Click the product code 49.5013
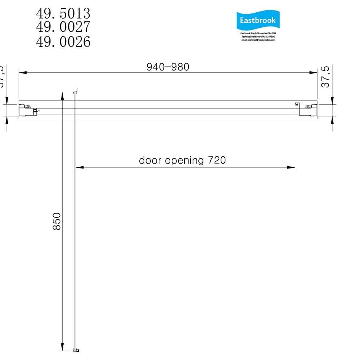tap(63, 14)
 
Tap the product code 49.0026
tap(63, 42)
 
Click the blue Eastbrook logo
tap(258, 21)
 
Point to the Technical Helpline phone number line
tap(258, 37)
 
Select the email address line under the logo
tap(258, 40)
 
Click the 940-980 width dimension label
tap(168, 67)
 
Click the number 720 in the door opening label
tap(217, 160)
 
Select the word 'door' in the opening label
tap(150, 160)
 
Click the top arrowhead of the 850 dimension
tap(62, 95)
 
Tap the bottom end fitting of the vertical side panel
tap(76, 350)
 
